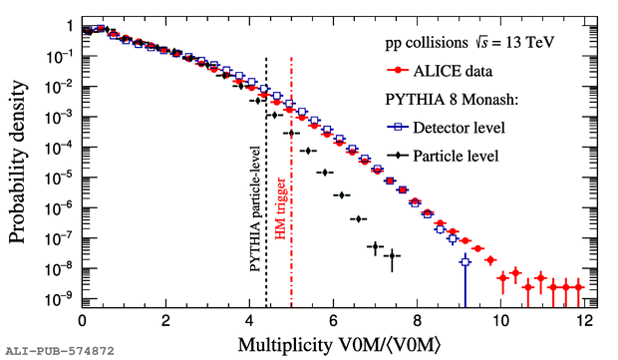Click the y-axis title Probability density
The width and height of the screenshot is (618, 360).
tap(18, 163)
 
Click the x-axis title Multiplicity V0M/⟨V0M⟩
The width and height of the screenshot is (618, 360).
tap(339, 345)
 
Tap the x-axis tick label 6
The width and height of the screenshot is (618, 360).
tap(334, 321)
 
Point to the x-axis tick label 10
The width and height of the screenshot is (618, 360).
tap(500, 321)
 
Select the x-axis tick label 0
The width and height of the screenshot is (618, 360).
tap(82, 321)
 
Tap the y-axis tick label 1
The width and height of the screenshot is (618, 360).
tap(70, 26)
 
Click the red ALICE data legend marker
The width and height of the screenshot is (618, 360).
tap(398, 71)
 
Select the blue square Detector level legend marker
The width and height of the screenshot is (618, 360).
tap(398, 127)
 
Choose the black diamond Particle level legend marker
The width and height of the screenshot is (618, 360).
tap(398, 156)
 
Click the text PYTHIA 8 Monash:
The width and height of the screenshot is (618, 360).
tap(452, 100)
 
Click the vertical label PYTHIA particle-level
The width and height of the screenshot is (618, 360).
tap(255, 208)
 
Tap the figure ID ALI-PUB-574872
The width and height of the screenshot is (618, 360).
tap(60, 351)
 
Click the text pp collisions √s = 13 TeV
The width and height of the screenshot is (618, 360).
tap(469, 42)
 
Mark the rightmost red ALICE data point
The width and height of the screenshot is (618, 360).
tap(578, 287)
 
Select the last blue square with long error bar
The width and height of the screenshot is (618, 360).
tap(465, 261)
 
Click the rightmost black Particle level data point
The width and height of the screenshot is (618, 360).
tap(392, 256)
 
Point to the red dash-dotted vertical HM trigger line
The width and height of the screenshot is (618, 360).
tap(291, 182)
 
